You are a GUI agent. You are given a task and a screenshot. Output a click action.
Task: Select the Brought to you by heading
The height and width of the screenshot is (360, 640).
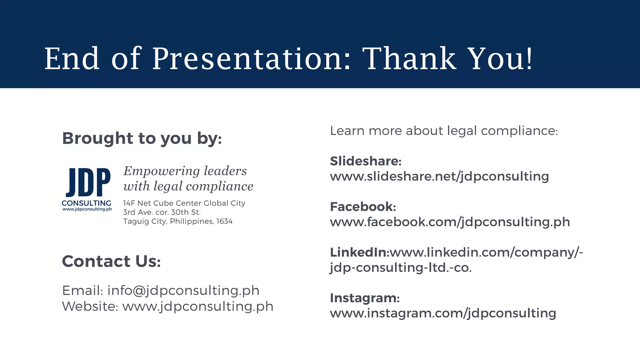[142, 138]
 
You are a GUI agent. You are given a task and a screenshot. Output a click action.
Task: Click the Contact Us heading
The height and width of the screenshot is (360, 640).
[111, 261]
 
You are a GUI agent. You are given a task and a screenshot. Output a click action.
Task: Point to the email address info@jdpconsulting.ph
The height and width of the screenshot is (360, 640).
[183, 291]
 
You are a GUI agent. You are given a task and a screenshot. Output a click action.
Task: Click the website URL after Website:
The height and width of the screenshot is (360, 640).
[198, 306]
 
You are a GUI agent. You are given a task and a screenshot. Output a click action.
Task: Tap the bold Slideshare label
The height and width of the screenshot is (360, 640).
[365, 161]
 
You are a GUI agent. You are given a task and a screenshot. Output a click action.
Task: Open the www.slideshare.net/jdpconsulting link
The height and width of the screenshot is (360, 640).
[439, 177]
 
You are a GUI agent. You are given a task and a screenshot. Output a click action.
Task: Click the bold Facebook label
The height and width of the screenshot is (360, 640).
[363, 207]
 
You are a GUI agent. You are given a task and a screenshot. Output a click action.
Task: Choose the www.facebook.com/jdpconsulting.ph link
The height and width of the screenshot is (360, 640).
[450, 222]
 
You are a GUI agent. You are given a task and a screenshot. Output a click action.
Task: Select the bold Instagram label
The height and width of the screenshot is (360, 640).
[365, 298]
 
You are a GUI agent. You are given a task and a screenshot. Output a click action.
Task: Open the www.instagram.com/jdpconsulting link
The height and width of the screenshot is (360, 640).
[443, 313]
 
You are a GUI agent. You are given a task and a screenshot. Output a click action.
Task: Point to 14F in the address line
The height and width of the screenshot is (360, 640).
[129, 203]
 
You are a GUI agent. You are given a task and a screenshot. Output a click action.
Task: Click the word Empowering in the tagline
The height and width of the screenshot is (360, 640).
[162, 171]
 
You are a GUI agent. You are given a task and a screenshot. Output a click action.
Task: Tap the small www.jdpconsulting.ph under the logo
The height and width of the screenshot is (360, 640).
[87, 209]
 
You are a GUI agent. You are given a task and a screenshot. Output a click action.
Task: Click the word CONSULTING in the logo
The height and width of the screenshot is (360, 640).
[87, 203]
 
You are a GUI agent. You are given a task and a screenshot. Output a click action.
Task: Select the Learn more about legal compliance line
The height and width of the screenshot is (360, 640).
[444, 131]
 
